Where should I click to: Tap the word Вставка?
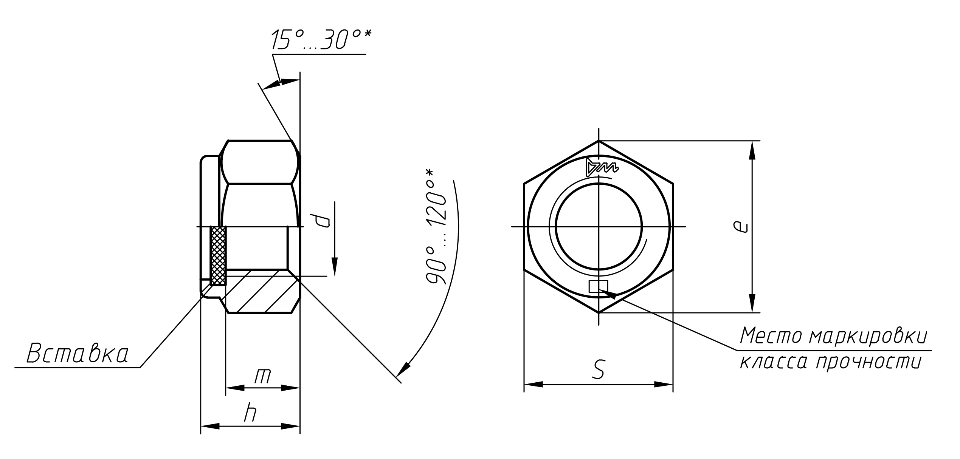78,354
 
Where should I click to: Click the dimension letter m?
263,376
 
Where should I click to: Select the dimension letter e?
740,227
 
